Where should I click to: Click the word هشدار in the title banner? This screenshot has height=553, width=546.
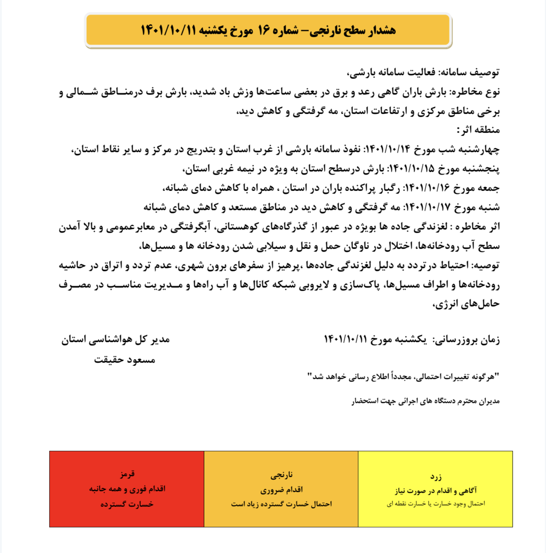coord(381,30)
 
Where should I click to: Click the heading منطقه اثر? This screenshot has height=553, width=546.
coord(479,130)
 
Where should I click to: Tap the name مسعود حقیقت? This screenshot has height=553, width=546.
coord(124,360)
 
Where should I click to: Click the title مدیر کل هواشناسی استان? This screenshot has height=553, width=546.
coord(115,340)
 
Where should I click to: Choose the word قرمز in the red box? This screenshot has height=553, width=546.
coord(127,474)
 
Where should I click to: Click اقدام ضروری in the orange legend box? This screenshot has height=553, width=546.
coord(281,490)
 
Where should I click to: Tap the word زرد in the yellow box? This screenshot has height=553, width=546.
coord(436,476)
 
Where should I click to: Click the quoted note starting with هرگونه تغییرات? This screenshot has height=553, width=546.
coord(403,376)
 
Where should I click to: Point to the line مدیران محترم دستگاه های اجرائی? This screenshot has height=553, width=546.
coord(426,401)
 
